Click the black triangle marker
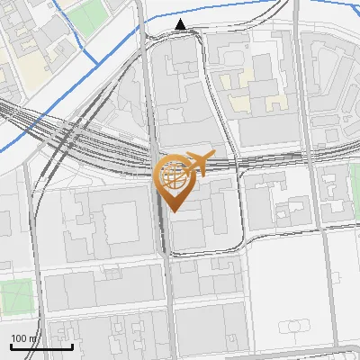pos(182,24)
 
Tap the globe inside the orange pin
pos(172,174)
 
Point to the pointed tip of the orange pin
pos(172,211)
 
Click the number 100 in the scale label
pos(17,337)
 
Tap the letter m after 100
pos(30,337)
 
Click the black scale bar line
pos(41,346)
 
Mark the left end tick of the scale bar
pos(11,346)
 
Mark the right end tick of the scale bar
pos(72,346)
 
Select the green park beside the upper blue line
pos(87,16)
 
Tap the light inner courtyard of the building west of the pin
pos(118,222)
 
